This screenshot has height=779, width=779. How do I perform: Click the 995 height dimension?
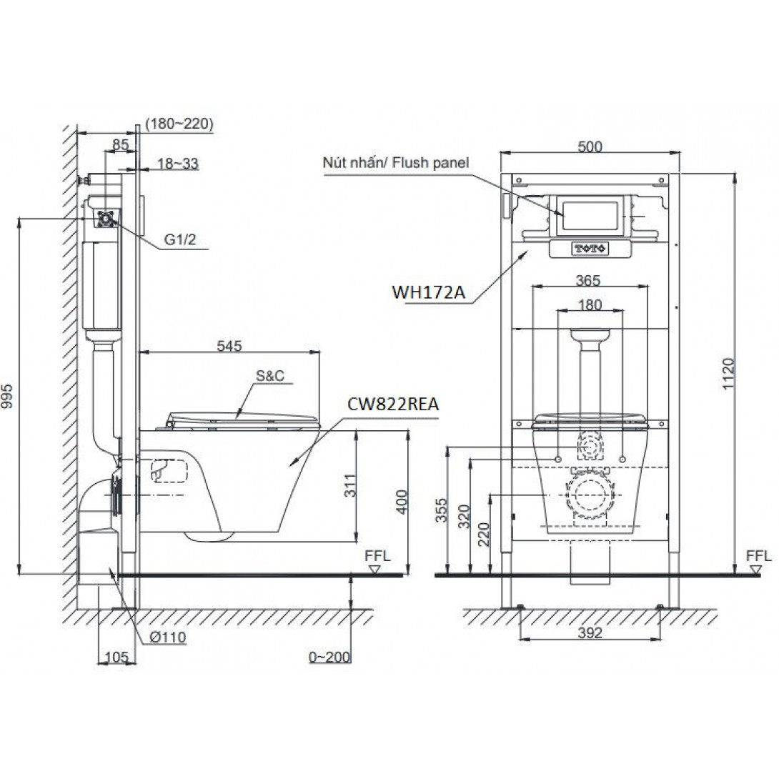point(7,396)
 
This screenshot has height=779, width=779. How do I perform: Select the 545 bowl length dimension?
point(229,345)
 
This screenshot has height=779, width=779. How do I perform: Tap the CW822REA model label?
point(393,405)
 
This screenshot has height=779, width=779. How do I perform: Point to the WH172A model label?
point(429,292)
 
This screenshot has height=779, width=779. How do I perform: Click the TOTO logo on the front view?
point(591,249)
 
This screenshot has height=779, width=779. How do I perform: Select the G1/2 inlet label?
point(180,239)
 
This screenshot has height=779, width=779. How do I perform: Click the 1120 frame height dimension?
point(728,374)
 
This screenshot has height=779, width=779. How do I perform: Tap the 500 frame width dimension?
point(590,147)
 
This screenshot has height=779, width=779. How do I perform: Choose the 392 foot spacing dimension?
point(590,632)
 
